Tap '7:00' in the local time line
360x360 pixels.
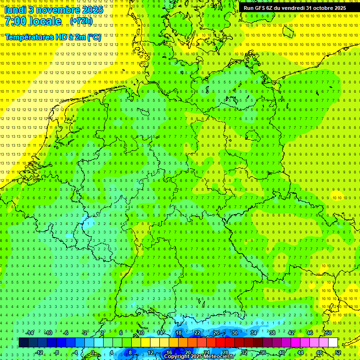coord(16,21)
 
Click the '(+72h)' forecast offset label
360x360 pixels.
coord(81,21)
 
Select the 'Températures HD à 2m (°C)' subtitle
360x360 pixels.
coord(53,37)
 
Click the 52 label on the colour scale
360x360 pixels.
coord(338,352)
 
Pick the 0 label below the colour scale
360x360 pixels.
coord(93,352)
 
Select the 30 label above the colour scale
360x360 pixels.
coord(234,333)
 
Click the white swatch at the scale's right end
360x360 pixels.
coord(333,343)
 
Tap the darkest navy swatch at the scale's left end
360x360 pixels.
coord(24,343)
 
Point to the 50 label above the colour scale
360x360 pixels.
coord(328,333)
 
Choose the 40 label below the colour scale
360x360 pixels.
coord(281,352)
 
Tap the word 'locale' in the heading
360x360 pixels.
coord(45,21)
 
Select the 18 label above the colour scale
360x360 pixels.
coord(178,333)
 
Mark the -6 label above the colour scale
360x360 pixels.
coord(66,333)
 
